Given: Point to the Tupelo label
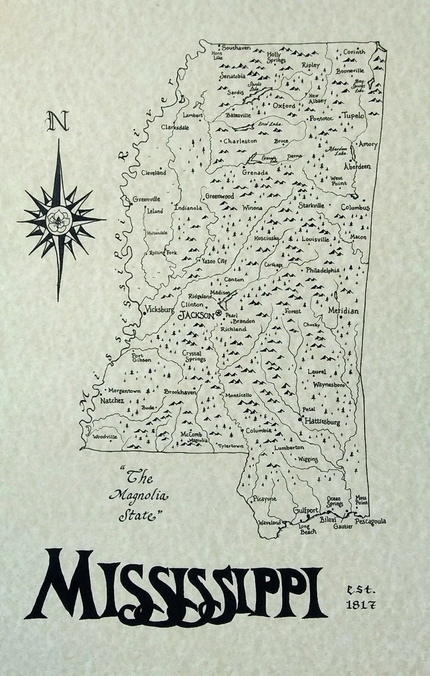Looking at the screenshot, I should [353, 115].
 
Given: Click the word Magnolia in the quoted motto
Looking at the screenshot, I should [138, 495].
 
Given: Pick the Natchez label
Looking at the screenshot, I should [112, 401].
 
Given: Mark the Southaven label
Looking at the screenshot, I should [236, 48].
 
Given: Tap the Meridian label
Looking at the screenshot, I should [343, 311].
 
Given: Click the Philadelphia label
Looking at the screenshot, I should [322, 270].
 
